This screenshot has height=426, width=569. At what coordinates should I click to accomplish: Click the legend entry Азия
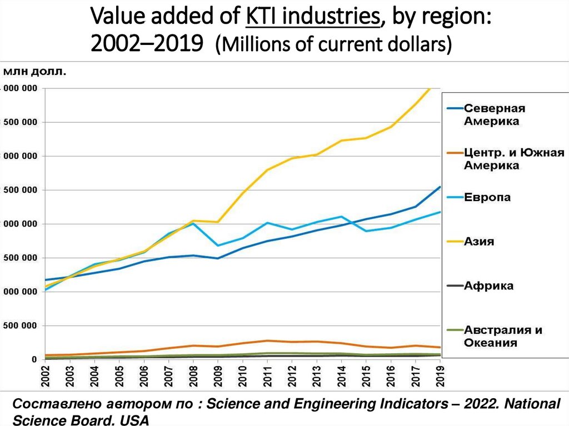tap(479, 242)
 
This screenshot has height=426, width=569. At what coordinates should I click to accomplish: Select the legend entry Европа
tap(487, 197)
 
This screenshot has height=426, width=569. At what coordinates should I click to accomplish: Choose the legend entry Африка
tap(488, 286)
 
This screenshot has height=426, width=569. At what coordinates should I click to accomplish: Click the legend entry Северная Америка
tap(494, 114)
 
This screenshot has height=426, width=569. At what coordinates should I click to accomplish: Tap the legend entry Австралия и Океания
tap(502, 336)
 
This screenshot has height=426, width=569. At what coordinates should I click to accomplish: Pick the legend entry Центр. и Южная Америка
tap(506, 159)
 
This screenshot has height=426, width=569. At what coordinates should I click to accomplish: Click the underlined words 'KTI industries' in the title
tap(312, 18)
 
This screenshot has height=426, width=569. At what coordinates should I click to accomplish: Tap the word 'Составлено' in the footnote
tap(47, 404)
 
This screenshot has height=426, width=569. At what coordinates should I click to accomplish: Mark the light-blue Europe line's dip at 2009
tap(218, 245)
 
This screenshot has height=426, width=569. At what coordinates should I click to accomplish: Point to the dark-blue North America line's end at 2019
tap(440, 187)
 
